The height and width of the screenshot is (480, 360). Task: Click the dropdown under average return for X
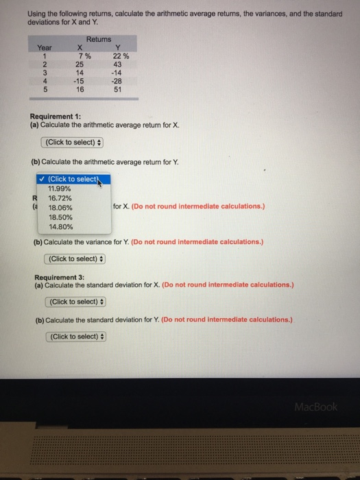pos(73,142)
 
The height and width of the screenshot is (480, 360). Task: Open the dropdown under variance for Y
pos(75,259)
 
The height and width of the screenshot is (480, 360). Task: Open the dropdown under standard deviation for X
pos(75,302)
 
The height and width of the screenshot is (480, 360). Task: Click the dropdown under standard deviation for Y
pos(75,336)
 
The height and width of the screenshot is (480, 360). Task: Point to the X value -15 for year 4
pos(78,81)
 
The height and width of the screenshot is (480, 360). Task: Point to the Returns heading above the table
pos(99,40)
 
